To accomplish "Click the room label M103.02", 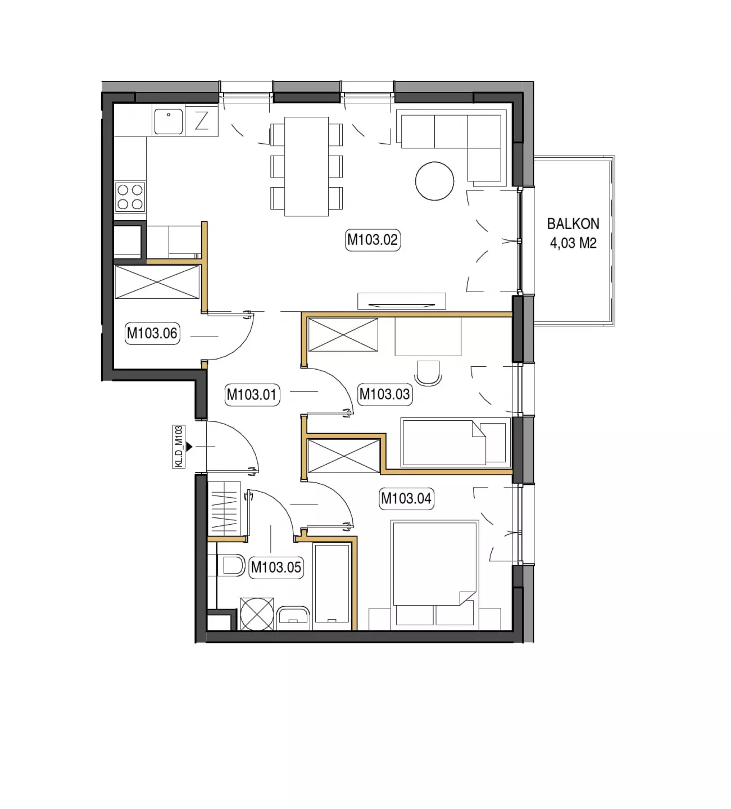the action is click(373, 240).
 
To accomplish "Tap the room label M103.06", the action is click(152, 334).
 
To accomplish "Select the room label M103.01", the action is click(252, 394).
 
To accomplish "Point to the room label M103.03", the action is click(384, 394).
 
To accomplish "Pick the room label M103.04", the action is click(406, 498).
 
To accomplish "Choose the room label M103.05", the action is click(276, 567).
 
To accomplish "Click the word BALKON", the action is click(573, 224).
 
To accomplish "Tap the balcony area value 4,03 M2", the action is click(573, 243).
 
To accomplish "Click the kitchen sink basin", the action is click(168, 121).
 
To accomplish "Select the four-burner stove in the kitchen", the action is click(130, 197).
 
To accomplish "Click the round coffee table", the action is click(434, 181).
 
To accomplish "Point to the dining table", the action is click(306, 166).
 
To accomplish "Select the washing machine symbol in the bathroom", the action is click(257, 614).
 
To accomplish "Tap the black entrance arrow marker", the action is click(189, 447).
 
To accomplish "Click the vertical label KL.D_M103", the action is click(179, 447).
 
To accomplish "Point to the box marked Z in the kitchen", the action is click(202, 121).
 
